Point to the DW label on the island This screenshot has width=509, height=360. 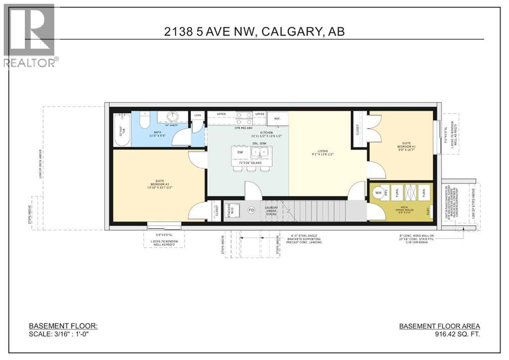tap(240, 152)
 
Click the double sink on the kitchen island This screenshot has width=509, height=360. tap(261, 153)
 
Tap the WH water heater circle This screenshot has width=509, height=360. tap(378, 193)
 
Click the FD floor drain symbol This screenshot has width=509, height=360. tap(252, 210)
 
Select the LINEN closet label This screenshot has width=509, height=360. tap(197, 115)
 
